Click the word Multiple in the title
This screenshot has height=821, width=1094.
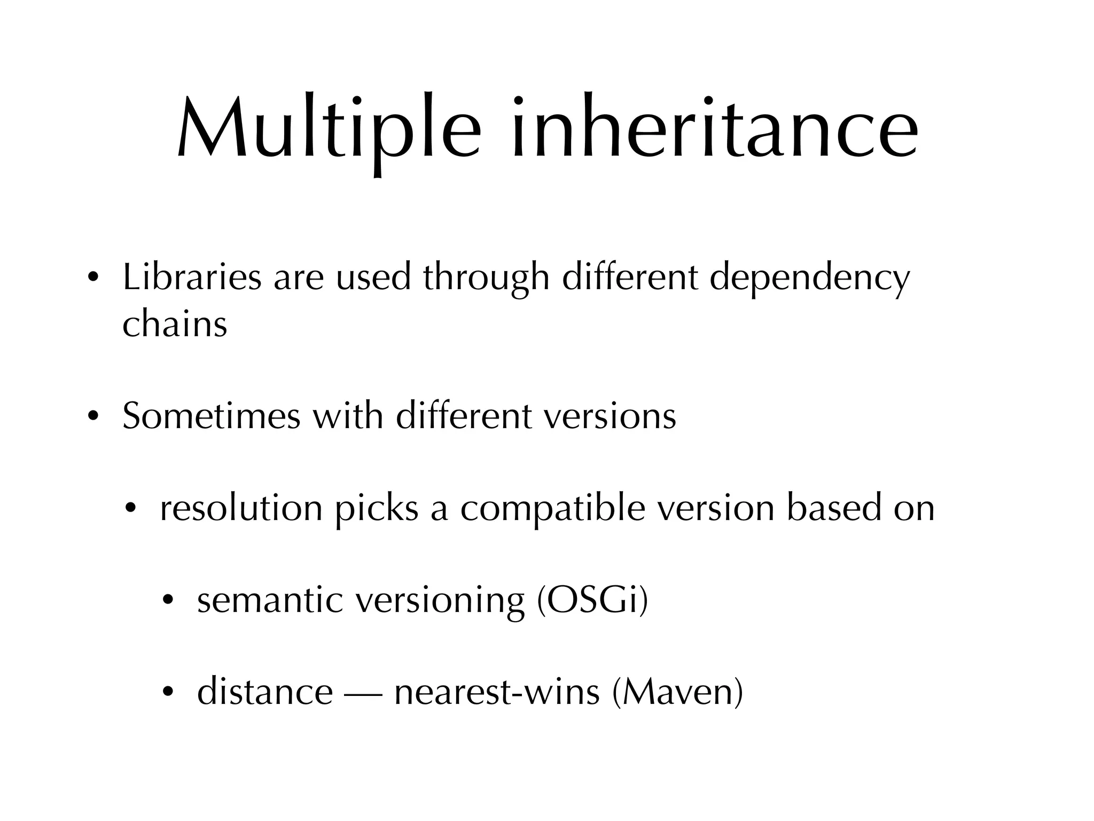coord(329,128)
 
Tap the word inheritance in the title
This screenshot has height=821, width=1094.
coord(715,128)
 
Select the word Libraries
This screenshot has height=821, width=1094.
coord(192,278)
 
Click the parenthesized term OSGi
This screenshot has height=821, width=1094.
coord(592,600)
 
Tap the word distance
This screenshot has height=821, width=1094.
coord(265,692)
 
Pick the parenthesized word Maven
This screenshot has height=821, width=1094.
coord(677,692)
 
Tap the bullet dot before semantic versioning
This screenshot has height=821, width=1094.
coord(168,600)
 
